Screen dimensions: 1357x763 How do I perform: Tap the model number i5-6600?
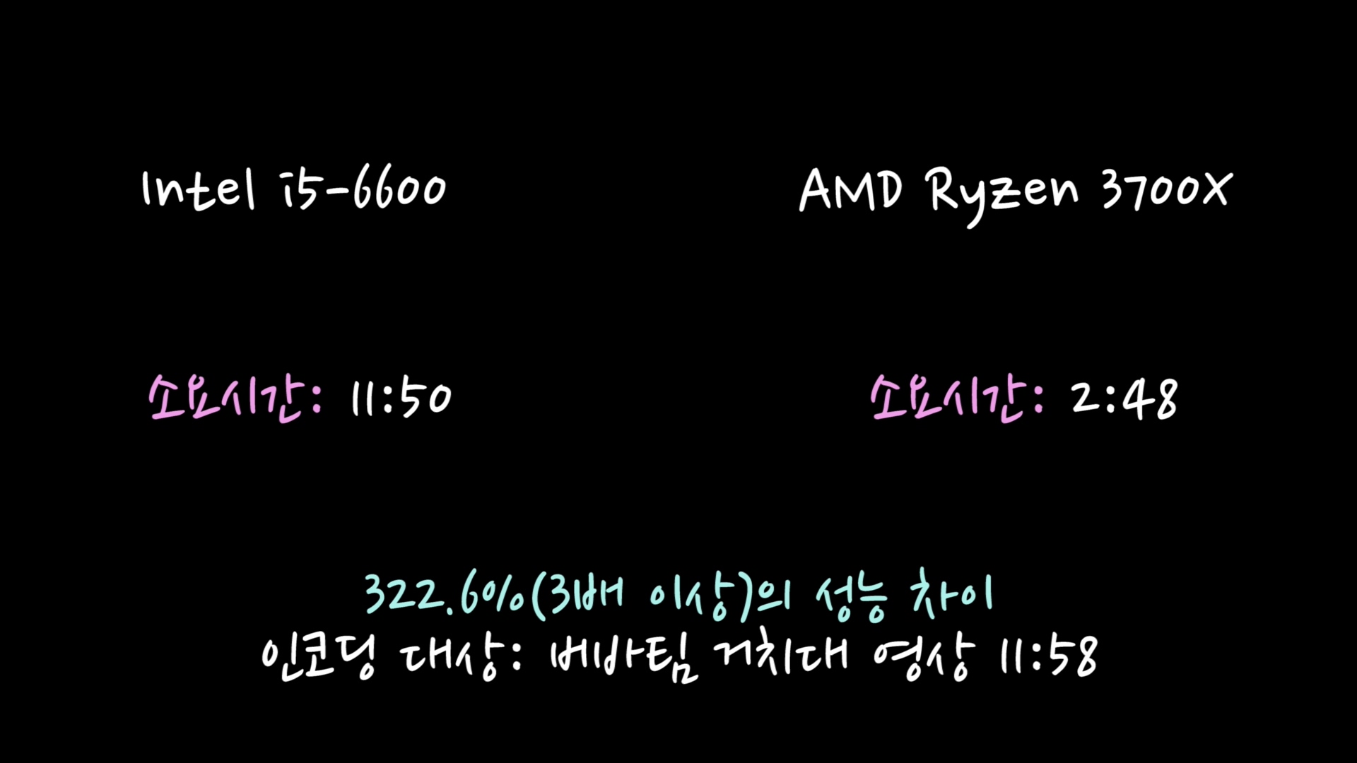pyautogui.click(x=365, y=189)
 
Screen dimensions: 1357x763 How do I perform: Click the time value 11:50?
pyautogui.click(x=401, y=398)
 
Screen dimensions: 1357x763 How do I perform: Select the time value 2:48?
pyautogui.click(x=1124, y=398)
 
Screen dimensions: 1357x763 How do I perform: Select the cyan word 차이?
pyautogui.click(x=951, y=595)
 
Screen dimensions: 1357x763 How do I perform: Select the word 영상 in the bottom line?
pyautogui.click(x=923, y=657)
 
